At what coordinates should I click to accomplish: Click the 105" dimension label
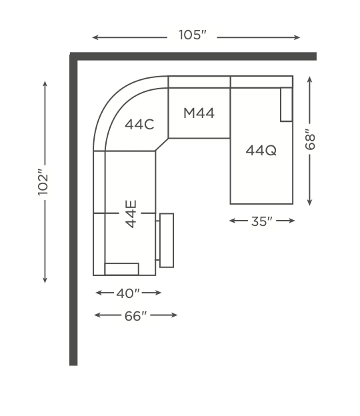[193, 35]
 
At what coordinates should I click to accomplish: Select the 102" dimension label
[43, 182]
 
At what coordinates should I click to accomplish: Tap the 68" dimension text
[309, 139]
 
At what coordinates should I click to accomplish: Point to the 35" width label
[262, 221]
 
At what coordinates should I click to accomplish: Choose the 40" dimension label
[128, 293]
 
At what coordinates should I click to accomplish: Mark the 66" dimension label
[135, 316]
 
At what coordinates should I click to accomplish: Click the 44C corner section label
[139, 124]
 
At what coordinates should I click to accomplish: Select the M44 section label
[199, 113]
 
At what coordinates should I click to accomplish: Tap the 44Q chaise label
[261, 151]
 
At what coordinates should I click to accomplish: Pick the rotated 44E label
[131, 214]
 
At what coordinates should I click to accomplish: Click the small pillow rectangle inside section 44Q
[287, 104]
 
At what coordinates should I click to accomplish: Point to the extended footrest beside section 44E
[167, 240]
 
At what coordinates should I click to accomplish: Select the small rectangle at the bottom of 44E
[122, 269]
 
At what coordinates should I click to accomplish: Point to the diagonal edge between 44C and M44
[162, 145]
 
